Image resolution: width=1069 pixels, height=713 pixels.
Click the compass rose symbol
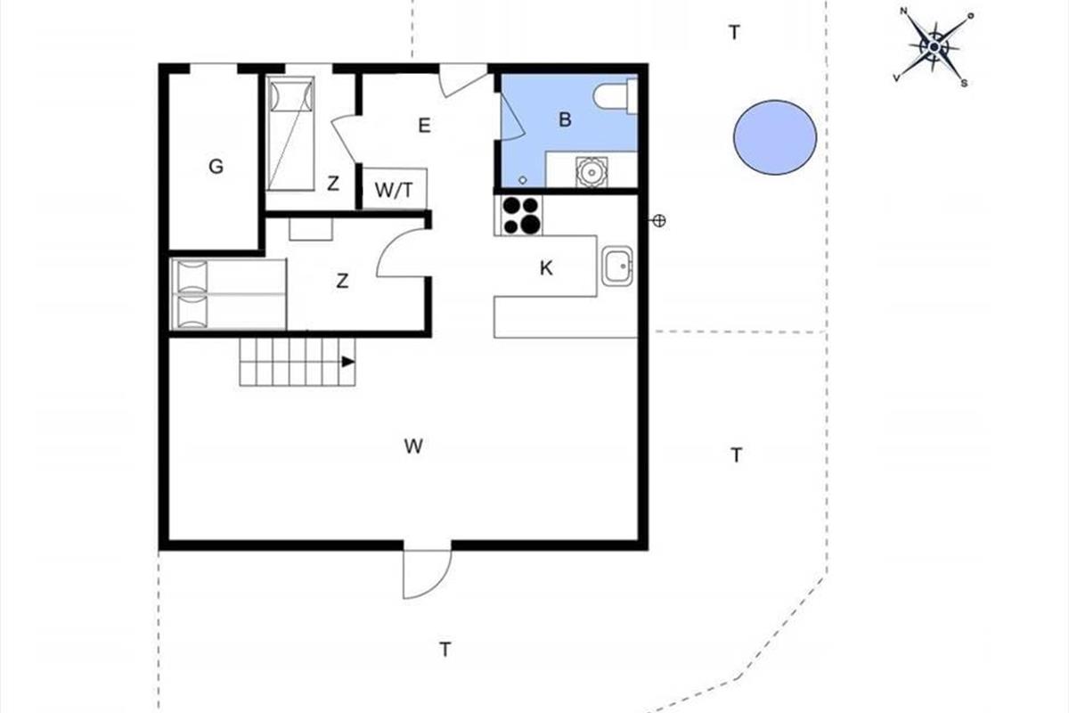pyautogui.click(x=934, y=47)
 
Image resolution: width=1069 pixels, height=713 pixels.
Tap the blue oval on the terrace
pyautogui.click(x=775, y=137)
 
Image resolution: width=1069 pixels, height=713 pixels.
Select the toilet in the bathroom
pyautogui.click(x=616, y=96)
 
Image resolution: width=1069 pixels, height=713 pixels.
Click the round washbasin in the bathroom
pyautogui.click(x=592, y=171)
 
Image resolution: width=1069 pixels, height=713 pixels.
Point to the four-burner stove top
pyautogui.click(x=521, y=216)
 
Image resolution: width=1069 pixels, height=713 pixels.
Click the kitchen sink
pyautogui.click(x=617, y=266)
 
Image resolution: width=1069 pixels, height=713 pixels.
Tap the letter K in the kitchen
pyautogui.click(x=546, y=268)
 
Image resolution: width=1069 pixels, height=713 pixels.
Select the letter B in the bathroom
pyautogui.click(x=565, y=119)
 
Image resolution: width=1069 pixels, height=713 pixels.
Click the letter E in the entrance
pyautogui.click(x=424, y=126)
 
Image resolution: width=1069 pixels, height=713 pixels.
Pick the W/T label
pyautogui.click(x=394, y=190)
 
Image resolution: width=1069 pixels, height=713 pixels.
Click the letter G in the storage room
pyautogui.click(x=216, y=167)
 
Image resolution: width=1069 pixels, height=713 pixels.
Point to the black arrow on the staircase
pyautogui.click(x=348, y=362)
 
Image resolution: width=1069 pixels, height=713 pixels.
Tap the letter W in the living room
pyautogui.click(x=413, y=447)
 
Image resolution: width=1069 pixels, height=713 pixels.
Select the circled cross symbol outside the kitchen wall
pyautogui.click(x=659, y=221)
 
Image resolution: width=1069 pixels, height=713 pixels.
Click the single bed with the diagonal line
pyautogui.click(x=290, y=134)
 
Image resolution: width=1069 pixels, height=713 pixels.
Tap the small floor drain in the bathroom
pyautogui.click(x=523, y=180)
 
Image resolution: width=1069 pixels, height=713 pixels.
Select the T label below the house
pyautogui.click(x=445, y=650)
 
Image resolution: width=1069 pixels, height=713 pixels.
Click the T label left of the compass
pyautogui.click(x=734, y=32)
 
